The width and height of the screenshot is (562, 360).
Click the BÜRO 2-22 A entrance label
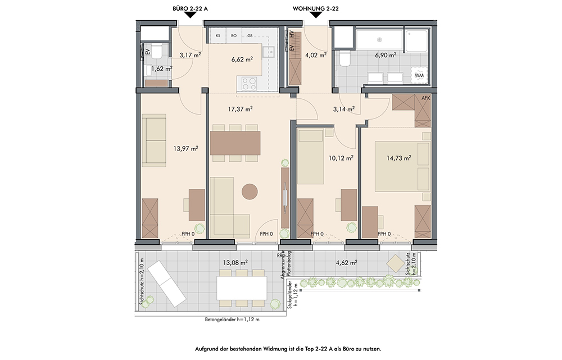pos(190,9)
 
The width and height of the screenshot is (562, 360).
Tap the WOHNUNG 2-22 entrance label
pos(315,9)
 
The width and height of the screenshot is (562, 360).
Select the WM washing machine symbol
pos(419,75)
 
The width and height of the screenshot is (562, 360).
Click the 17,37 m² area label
pos(240,109)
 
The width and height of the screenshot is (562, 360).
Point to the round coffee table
pos(250,192)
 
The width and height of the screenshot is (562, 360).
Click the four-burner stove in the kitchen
pos(249,84)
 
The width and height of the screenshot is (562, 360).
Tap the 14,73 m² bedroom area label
pos(398,158)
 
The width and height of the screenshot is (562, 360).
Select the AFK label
pos(426,98)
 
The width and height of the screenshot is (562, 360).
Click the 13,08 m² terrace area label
pos(235,263)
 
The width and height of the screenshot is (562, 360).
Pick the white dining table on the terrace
pos(241,288)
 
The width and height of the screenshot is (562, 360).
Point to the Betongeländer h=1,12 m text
pos(232,320)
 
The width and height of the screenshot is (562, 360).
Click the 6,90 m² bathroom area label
pos(386,55)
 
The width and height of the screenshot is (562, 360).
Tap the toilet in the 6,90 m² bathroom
pos(346,60)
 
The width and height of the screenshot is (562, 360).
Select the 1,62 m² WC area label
pos(161,69)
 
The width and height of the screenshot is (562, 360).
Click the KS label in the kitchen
pos(218,36)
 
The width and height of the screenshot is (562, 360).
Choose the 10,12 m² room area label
pos(341,158)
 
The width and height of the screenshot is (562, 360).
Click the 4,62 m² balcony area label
pos(346,263)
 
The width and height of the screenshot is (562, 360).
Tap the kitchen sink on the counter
pos(268,52)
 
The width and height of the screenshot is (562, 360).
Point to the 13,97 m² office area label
pos(185,148)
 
